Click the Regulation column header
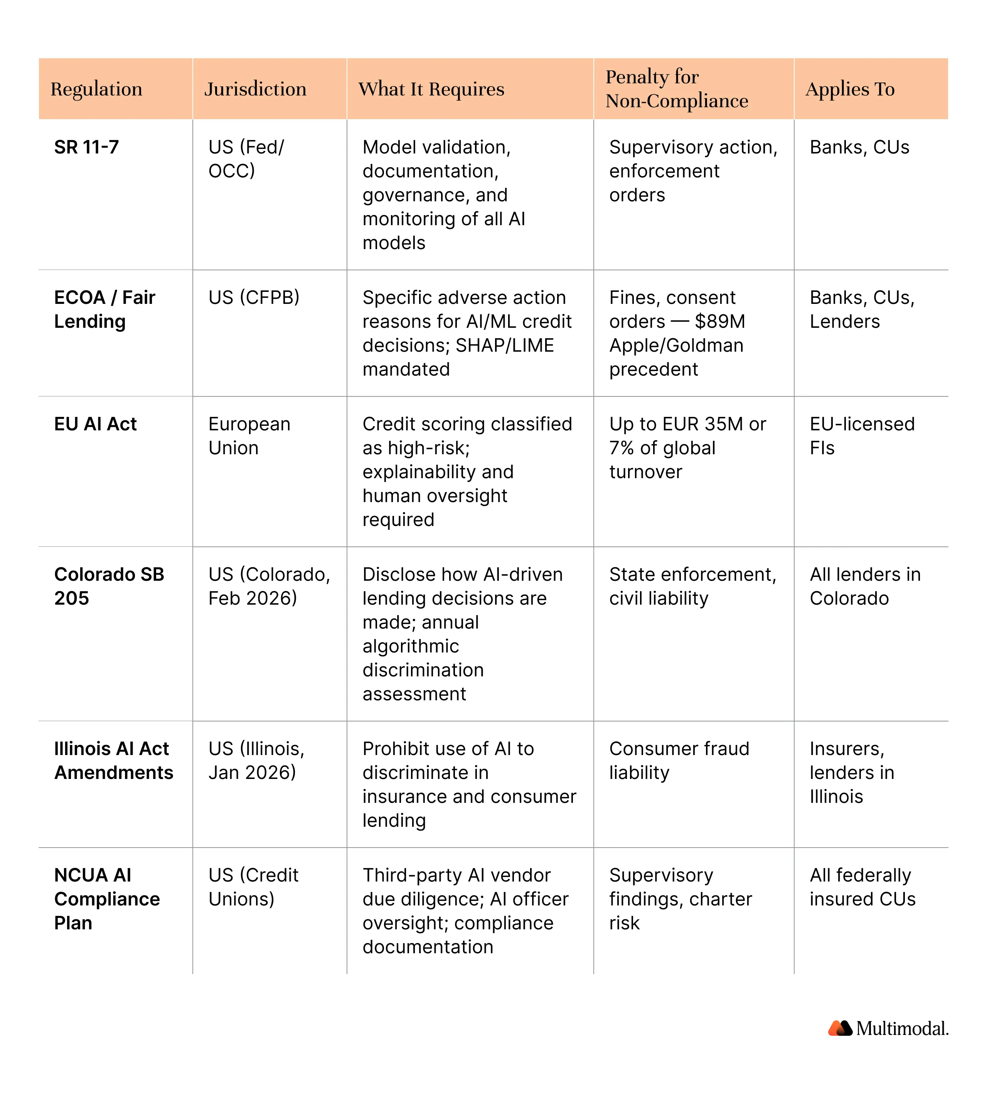[96, 89]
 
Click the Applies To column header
[850, 89]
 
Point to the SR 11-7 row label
[86, 147]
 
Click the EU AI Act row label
[96, 424]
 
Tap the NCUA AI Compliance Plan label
[106, 899]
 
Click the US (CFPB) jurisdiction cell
[254, 297]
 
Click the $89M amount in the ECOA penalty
[720, 321]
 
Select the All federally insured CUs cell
[862, 887]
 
